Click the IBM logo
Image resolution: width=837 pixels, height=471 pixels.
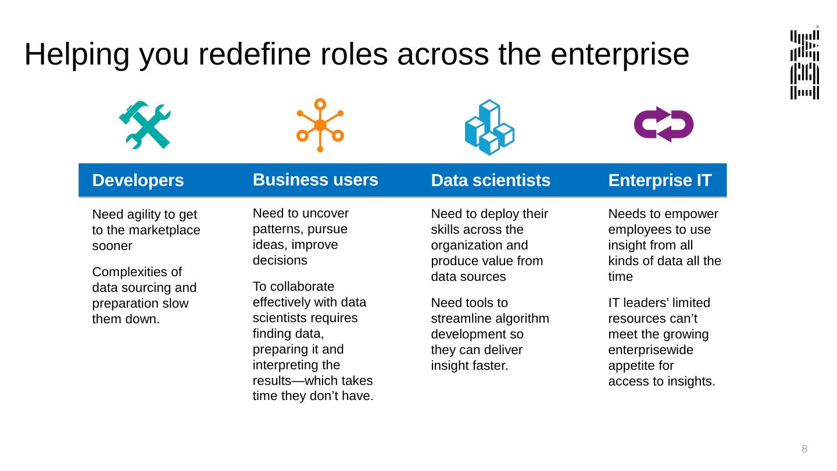(x=805, y=65)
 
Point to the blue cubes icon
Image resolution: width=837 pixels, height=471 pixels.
(x=489, y=127)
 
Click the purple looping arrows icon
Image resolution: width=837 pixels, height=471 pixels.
(x=664, y=124)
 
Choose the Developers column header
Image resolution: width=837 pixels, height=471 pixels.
(x=138, y=181)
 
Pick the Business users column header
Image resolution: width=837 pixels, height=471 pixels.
(x=316, y=180)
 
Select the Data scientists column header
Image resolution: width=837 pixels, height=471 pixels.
(x=491, y=181)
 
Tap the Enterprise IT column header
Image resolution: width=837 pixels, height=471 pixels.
(x=660, y=180)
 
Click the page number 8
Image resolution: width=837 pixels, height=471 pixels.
(x=804, y=448)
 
